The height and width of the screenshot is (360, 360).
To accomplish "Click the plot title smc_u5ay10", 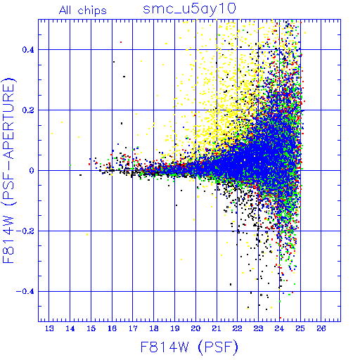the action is pyautogui.click(x=189, y=9).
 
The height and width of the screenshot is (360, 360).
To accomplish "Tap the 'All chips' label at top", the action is pyautogui.click(x=83, y=11).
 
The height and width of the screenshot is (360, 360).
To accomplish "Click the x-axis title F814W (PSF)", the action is pyautogui.click(x=189, y=347).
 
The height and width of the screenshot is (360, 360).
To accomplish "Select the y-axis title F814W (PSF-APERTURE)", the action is pyautogui.click(x=8, y=170).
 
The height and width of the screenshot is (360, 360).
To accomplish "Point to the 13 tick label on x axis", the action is pyautogui.click(x=49, y=328).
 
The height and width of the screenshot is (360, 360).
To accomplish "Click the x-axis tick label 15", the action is pyautogui.click(x=91, y=328).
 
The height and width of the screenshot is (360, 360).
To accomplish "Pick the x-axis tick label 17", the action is pyautogui.click(x=133, y=328).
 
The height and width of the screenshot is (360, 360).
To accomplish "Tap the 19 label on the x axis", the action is pyautogui.click(x=175, y=328).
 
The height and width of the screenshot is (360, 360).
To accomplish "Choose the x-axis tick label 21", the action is pyautogui.click(x=217, y=328).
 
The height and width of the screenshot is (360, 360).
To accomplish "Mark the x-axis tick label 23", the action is pyautogui.click(x=259, y=328).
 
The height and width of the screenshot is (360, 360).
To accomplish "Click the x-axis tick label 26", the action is pyautogui.click(x=321, y=328).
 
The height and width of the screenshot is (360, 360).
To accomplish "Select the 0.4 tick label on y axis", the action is pyautogui.click(x=28, y=50).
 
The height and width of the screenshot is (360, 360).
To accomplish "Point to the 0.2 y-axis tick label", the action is pyautogui.click(x=28, y=110).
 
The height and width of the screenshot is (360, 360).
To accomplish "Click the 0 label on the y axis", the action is pyautogui.click(x=32, y=171).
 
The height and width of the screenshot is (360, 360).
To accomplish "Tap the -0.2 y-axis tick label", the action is pyautogui.click(x=25, y=231).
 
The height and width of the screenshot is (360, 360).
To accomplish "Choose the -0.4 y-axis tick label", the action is pyautogui.click(x=25, y=292).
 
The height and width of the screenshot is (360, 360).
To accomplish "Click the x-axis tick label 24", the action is pyautogui.click(x=279, y=328).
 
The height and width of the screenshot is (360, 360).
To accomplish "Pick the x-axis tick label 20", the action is pyautogui.click(x=195, y=328).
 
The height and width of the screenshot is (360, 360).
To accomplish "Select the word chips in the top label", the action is pyautogui.click(x=92, y=11).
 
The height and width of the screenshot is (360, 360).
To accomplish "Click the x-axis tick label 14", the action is pyautogui.click(x=70, y=328).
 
